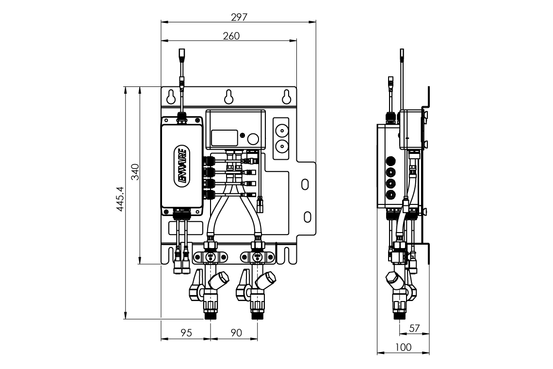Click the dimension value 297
pyautogui.click(x=239, y=17)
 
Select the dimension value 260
pyautogui.click(x=231, y=36)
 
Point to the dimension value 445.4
pyautogui.click(x=120, y=199)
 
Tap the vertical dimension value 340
pyautogui.click(x=135, y=172)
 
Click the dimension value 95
pyautogui.click(x=186, y=333)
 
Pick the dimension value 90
pyautogui.click(x=236, y=333)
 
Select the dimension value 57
pyautogui.click(x=414, y=328)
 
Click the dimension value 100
pyautogui.click(x=403, y=348)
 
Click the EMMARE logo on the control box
pyautogui.click(x=182, y=166)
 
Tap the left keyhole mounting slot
pyautogui.click(x=171, y=97)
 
